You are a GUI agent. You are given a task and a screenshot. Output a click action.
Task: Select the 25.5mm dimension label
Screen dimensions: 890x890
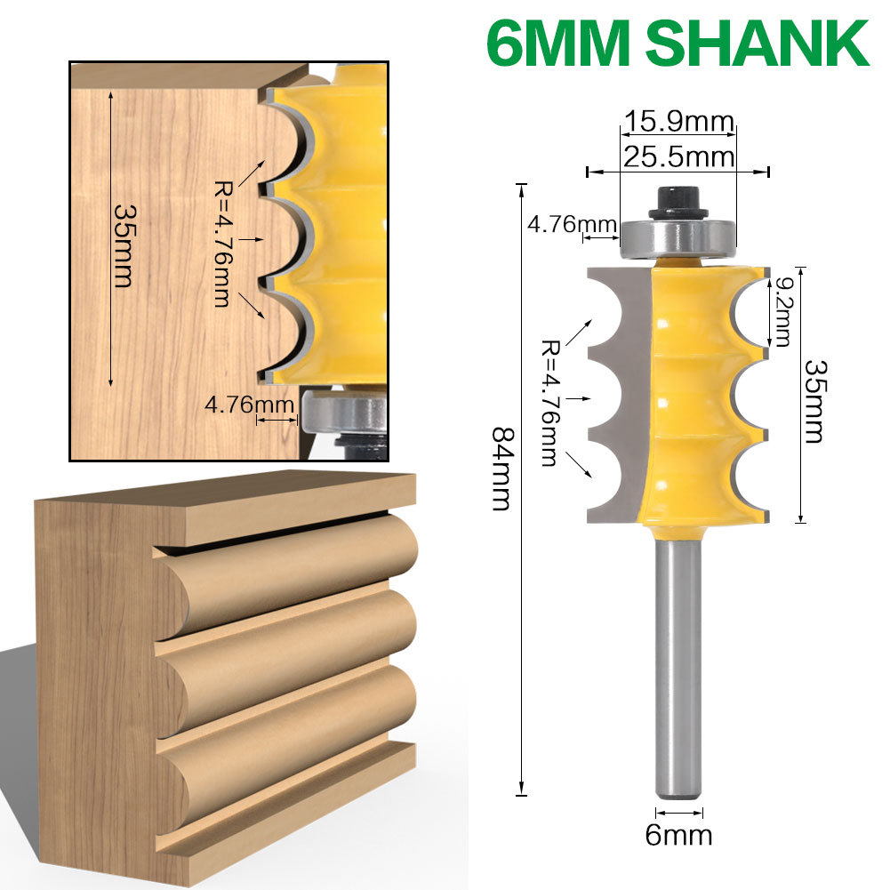click(678, 156)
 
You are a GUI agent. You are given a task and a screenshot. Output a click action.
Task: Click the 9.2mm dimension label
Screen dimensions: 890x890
click(782, 311)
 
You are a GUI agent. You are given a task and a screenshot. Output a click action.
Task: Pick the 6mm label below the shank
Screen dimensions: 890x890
click(679, 835)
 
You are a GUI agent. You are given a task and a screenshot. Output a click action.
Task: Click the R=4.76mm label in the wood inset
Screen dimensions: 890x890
click(222, 243)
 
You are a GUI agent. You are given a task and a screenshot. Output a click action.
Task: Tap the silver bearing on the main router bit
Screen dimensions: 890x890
click(678, 237)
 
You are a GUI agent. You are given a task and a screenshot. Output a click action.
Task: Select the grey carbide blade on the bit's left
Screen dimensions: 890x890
click(622, 391)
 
